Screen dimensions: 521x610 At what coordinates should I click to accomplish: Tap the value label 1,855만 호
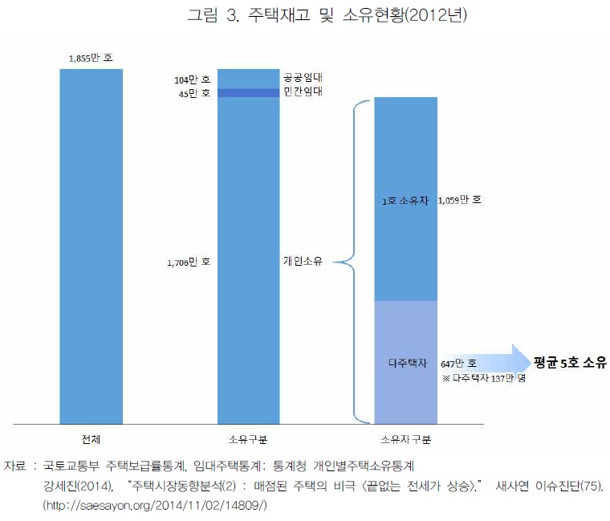91,59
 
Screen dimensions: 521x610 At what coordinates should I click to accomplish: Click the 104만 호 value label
193,80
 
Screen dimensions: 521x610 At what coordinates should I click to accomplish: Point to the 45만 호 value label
194,93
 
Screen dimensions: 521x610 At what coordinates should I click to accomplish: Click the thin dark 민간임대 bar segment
250,93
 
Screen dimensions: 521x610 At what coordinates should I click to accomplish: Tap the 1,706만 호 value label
190,262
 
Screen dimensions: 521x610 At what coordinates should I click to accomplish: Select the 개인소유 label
303,261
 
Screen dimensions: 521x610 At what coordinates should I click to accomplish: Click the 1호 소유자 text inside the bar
405,200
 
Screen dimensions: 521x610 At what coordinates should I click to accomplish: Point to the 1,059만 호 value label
460,200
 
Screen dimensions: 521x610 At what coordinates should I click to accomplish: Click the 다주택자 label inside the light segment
405,363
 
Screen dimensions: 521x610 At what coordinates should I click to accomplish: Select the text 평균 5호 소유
571,361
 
